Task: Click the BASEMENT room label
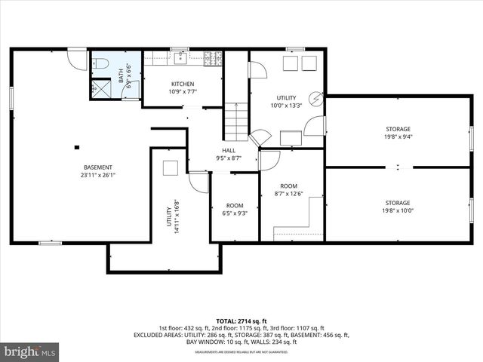(98, 167)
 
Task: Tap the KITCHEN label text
(183, 84)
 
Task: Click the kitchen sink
(181, 57)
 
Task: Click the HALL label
(229, 150)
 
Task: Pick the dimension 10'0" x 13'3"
(286, 106)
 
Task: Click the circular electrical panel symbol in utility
(316, 98)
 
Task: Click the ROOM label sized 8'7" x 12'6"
(288, 186)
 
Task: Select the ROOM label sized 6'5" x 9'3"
(235, 205)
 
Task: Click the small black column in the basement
(76, 147)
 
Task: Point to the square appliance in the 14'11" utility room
(171, 168)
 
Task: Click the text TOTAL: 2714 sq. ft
(241, 321)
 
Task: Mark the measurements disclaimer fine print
(241, 351)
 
